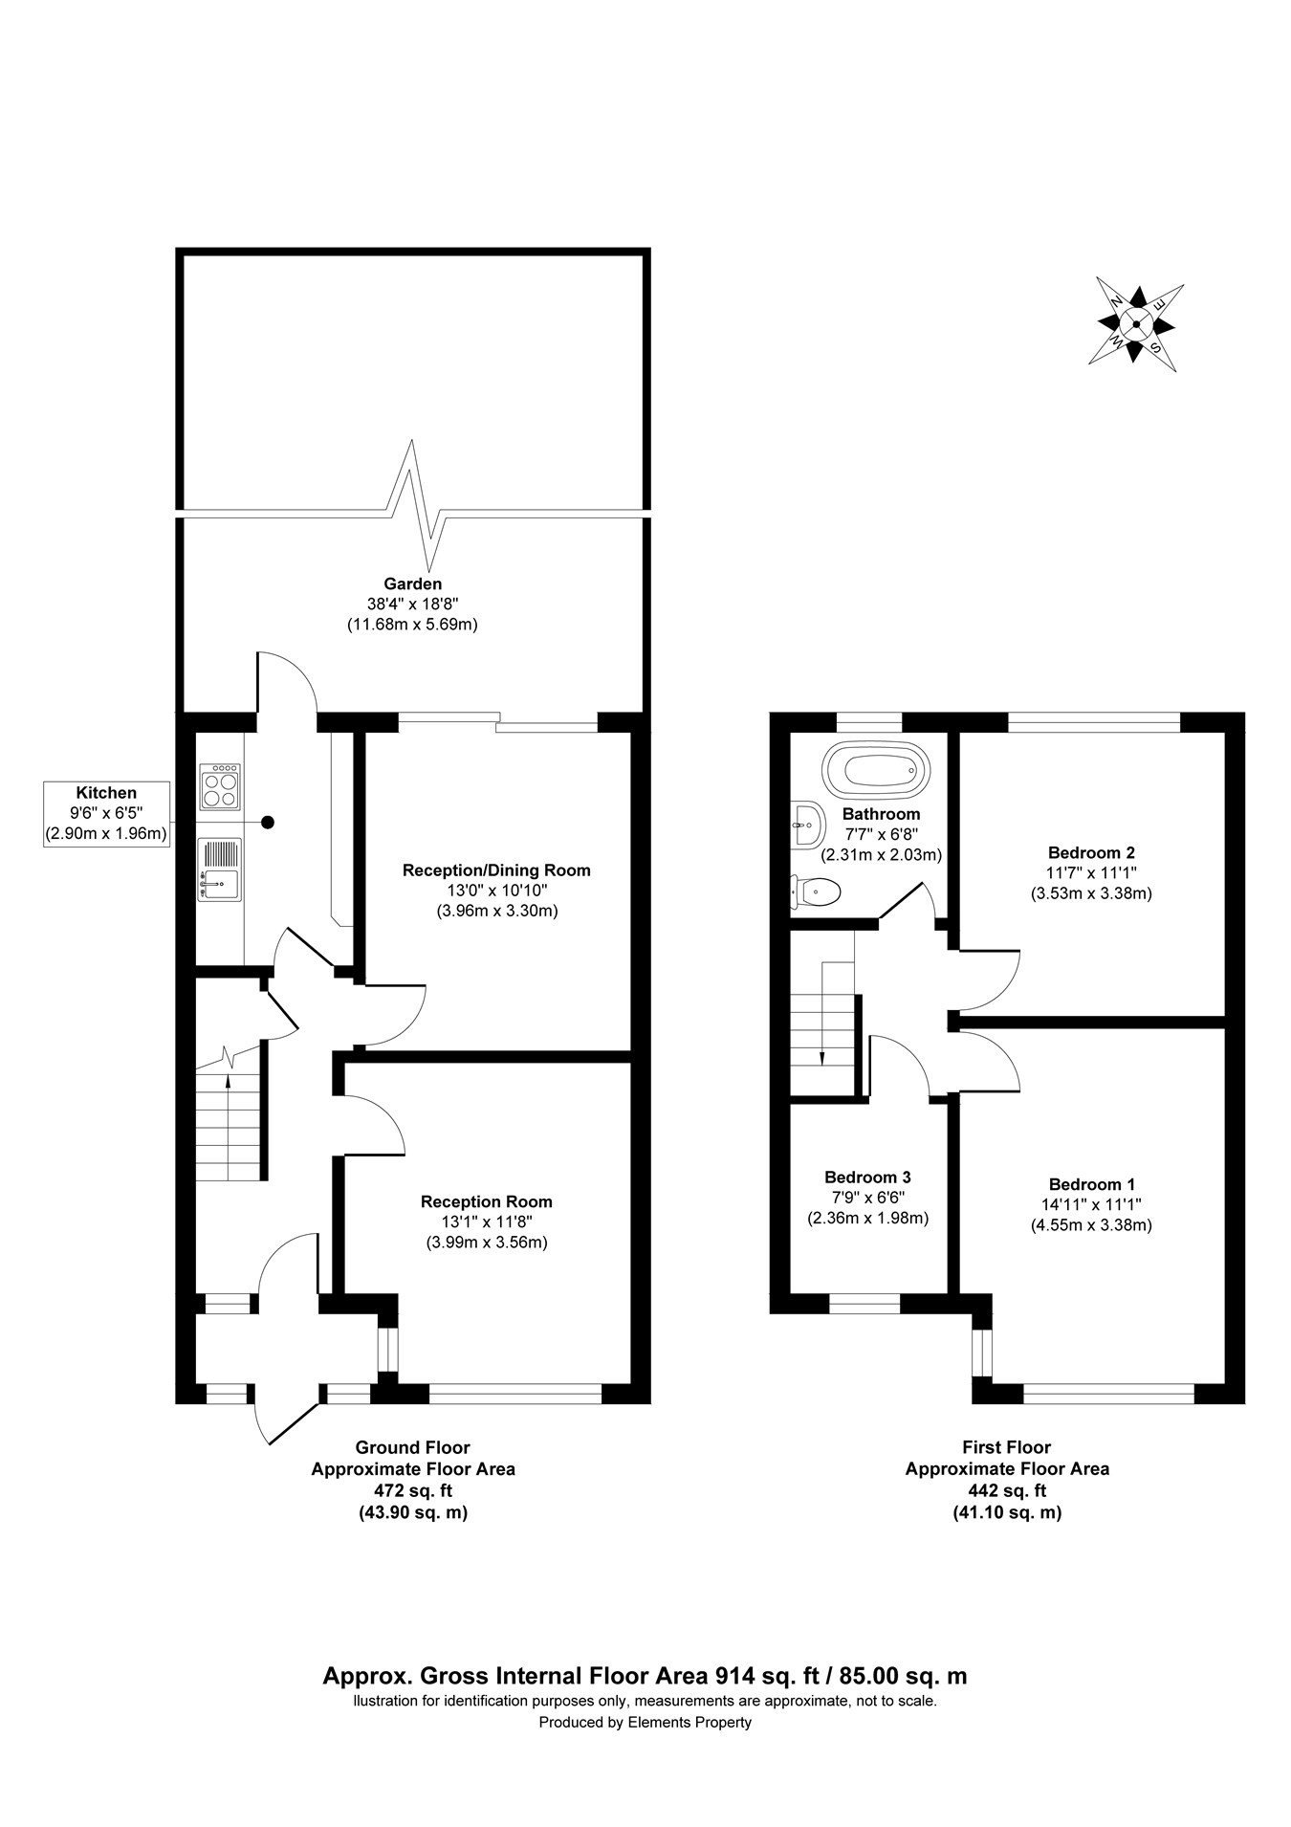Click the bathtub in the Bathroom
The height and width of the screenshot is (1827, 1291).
click(x=875, y=769)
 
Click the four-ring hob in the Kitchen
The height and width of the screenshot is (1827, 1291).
click(x=220, y=786)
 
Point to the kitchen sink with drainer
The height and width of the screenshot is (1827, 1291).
click(x=220, y=869)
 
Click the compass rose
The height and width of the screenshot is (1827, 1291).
click(x=1136, y=324)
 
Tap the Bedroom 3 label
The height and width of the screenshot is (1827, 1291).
click(x=867, y=1177)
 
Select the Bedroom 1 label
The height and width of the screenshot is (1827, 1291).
click(x=1091, y=1183)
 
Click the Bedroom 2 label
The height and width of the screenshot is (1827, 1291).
click(x=1091, y=852)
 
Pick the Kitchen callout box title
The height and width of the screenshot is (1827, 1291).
click(x=106, y=793)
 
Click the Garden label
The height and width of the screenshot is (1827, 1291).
click(x=412, y=583)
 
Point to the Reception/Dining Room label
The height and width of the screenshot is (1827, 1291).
click(x=496, y=870)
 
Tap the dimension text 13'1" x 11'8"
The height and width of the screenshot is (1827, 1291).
click(x=486, y=1222)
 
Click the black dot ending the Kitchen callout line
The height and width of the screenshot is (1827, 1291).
click(x=268, y=822)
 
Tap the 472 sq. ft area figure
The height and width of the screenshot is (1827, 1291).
click(x=412, y=1489)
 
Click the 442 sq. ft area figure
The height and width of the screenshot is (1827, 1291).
click(x=1007, y=1489)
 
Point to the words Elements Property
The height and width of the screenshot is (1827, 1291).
click(x=689, y=1722)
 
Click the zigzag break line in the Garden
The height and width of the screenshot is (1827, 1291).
click(x=414, y=504)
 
